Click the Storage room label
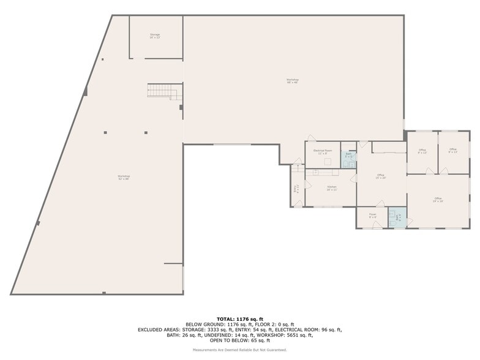pos(155,36)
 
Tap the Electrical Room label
pos(323,151)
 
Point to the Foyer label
pos(372,216)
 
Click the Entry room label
pos(296,189)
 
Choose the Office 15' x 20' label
pos(381,177)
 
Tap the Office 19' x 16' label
pos(438,199)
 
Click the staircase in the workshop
pos(162,92)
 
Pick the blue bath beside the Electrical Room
pos(348,156)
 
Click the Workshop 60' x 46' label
pos(293,81)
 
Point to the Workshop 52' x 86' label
pos(124,178)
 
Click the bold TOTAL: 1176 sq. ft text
pos(240,319)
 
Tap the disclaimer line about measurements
pos(240,350)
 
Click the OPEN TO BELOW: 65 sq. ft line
pos(240,340)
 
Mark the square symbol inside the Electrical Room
pos(328,162)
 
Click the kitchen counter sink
pos(317,173)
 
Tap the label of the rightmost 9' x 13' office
pos(453,151)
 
